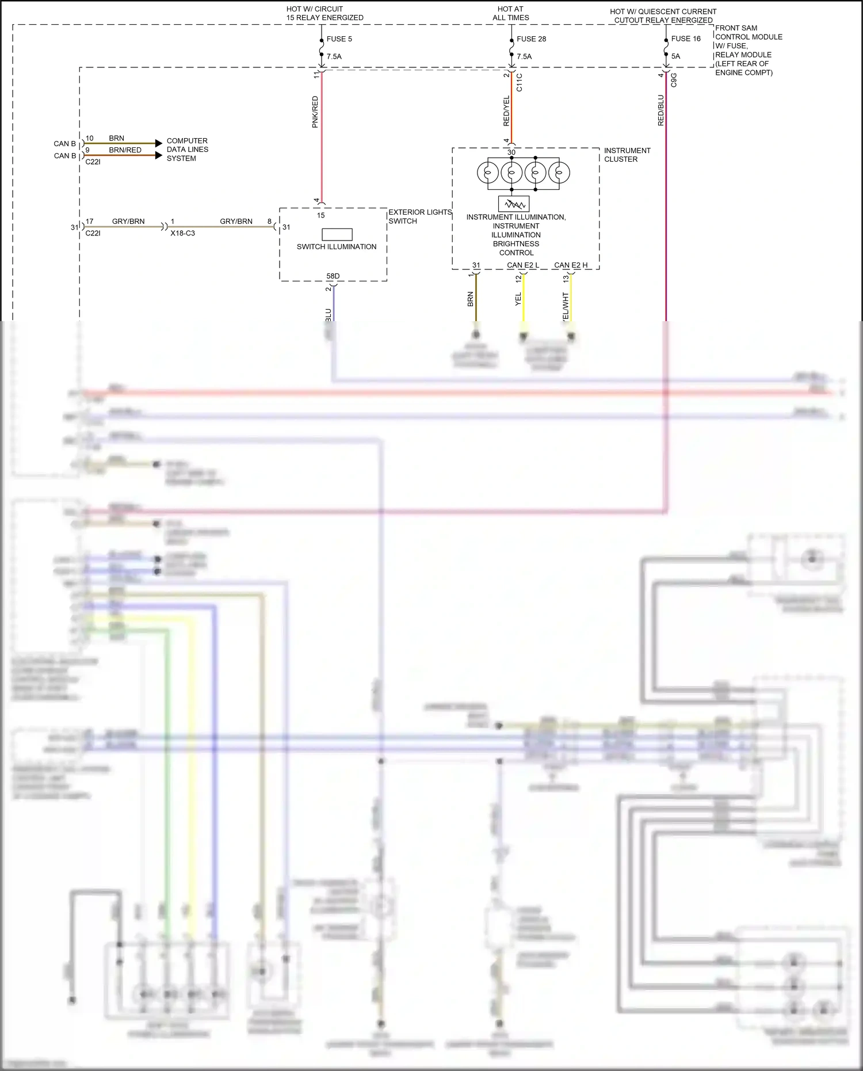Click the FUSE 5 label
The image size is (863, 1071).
(339, 39)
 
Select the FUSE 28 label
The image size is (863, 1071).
(531, 39)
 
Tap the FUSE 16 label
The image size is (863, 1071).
(686, 39)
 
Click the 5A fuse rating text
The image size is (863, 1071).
(675, 56)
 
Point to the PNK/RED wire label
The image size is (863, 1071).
(315, 112)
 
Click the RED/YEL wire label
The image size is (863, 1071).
(506, 111)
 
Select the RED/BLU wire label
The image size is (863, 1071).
(660, 110)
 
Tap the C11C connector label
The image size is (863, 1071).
(520, 82)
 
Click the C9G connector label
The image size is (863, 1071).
(674, 80)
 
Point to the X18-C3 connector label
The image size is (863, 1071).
(182, 233)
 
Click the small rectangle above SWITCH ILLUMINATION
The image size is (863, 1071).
(337, 234)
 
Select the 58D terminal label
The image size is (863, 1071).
(333, 276)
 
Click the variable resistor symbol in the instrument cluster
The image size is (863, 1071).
(513, 204)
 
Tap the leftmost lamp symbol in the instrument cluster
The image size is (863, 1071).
(488, 173)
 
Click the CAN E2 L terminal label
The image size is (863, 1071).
(522, 265)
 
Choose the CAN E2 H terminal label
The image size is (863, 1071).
(571, 265)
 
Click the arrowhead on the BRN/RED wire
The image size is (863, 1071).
(159, 155)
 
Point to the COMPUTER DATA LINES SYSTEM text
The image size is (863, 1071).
(187, 150)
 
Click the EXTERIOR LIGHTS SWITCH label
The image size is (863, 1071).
(419, 216)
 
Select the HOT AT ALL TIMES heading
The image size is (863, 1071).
(510, 13)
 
